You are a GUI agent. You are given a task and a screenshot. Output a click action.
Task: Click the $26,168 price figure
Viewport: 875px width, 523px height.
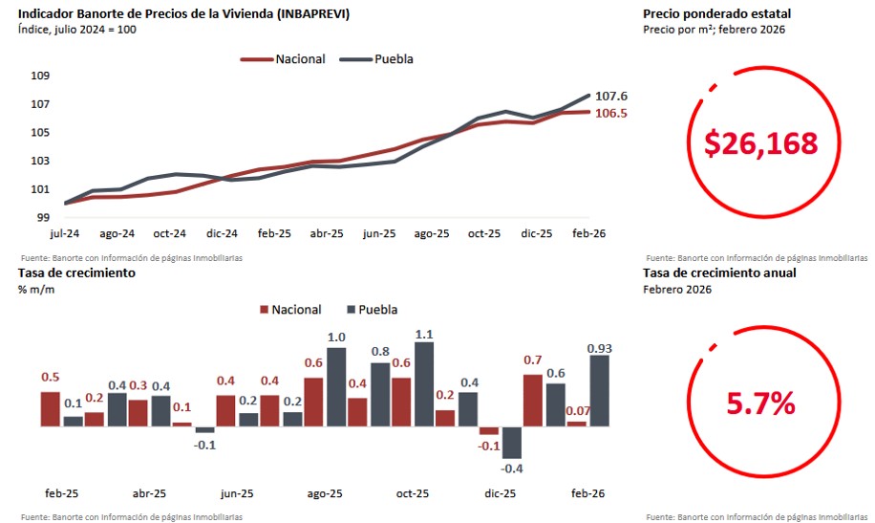pyautogui.click(x=761, y=143)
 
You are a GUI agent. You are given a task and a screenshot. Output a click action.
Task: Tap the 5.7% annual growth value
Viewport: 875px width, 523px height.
pyautogui.click(x=761, y=403)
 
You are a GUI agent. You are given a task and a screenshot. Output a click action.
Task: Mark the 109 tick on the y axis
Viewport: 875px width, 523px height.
pyautogui.click(x=42, y=76)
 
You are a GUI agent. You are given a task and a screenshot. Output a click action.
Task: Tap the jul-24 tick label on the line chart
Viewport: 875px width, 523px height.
pyautogui.click(x=65, y=233)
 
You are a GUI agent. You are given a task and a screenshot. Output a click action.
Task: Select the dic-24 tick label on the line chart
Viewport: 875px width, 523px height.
pyautogui.click(x=222, y=233)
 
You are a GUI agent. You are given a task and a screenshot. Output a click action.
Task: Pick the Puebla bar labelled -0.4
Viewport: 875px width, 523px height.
pyautogui.click(x=512, y=442)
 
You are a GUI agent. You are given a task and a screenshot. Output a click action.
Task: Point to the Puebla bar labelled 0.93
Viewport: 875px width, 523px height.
pyautogui.click(x=599, y=391)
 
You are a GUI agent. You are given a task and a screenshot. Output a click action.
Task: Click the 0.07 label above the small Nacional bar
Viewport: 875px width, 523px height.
pyautogui.click(x=577, y=411)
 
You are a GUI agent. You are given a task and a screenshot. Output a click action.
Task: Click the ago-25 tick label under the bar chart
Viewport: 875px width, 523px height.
pyautogui.click(x=325, y=494)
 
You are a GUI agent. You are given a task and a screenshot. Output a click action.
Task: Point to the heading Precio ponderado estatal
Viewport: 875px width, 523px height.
pyautogui.click(x=716, y=13)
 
